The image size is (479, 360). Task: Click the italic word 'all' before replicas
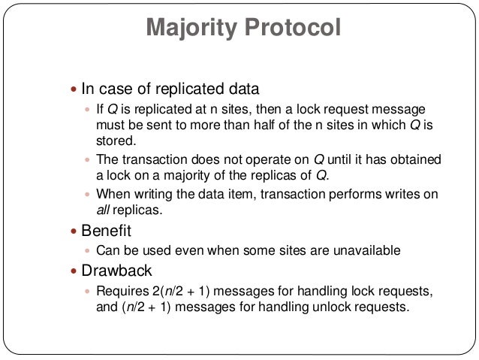pyautogui.click(x=103, y=210)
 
